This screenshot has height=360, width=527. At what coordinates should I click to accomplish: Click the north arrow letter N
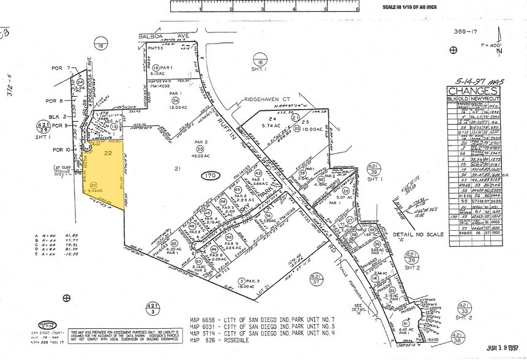tap(499, 51)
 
